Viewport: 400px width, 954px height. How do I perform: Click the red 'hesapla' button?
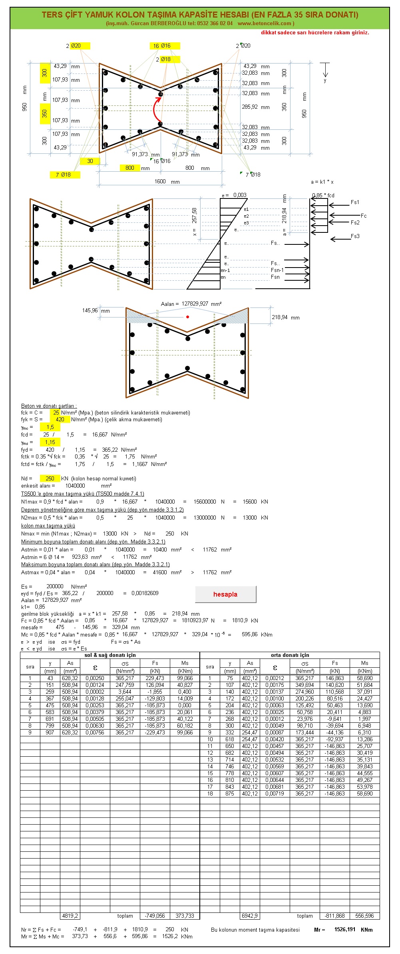click(225, 594)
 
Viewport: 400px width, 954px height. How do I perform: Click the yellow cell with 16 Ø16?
click(165, 46)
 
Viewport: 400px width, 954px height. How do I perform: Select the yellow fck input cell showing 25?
click(55, 413)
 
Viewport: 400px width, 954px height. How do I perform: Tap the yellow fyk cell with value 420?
click(60, 419)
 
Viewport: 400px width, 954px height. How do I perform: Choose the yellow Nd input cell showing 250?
click(50, 478)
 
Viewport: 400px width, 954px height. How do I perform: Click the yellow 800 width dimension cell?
click(130, 168)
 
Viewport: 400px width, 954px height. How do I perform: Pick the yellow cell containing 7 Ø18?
click(65, 175)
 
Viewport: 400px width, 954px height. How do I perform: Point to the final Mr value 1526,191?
click(345, 929)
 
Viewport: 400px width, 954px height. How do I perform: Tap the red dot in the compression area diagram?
click(187, 317)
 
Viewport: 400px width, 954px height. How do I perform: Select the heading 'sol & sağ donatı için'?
click(110, 655)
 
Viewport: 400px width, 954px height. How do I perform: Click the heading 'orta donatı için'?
click(290, 655)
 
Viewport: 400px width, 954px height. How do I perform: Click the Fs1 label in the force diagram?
click(355, 202)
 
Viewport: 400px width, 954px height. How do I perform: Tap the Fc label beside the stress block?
click(363, 216)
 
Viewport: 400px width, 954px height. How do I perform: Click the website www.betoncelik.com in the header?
click(264, 23)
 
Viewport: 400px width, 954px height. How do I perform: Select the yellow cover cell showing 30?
click(90, 161)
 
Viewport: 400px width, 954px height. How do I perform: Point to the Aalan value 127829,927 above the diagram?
click(195, 303)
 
